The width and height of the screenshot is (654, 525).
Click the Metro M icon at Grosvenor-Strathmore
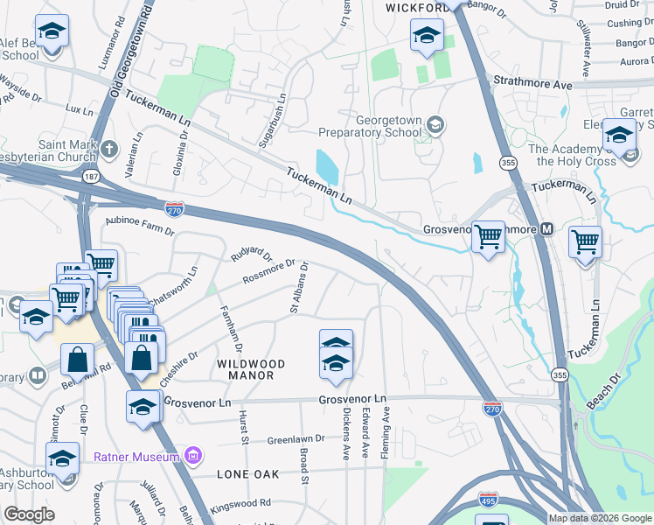point(547,229)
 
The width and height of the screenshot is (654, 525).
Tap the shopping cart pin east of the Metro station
point(584,240)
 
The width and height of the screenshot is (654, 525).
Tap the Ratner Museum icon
point(194,456)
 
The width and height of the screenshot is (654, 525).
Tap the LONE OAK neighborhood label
point(248,473)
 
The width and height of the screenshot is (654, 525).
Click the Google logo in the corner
point(29,514)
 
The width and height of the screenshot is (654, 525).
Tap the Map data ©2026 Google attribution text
point(600,518)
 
